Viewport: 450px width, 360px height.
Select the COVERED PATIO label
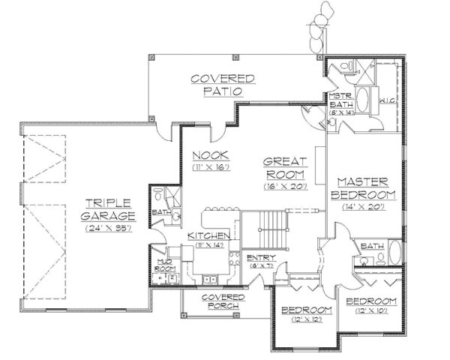(222, 85)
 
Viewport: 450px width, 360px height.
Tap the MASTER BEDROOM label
(361, 188)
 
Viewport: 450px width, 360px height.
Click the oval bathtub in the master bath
(362, 100)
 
